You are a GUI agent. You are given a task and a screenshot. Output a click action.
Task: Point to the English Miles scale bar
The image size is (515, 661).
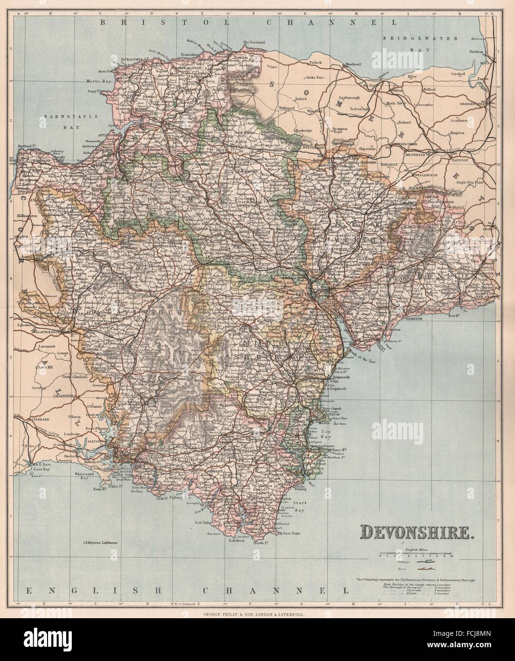(x=417, y=555)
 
